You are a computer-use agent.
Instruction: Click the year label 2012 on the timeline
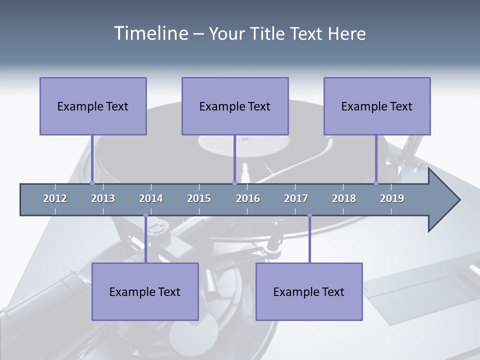point(55,198)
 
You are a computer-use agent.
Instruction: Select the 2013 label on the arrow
point(103,198)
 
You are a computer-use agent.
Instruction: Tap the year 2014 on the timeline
point(151,198)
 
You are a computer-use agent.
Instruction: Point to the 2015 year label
point(199,198)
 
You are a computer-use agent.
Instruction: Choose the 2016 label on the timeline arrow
point(248,198)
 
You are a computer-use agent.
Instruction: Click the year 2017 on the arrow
point(296,198)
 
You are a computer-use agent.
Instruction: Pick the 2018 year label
point(344,198)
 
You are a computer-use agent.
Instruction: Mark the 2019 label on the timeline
point(392,198)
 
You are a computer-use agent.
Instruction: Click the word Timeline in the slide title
point(150,33)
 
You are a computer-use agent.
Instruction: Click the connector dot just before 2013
point(92,183)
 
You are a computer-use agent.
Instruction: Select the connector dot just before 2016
point(234,183)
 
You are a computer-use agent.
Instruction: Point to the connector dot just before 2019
point(376,183)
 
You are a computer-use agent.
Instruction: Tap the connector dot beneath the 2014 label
point(145,215)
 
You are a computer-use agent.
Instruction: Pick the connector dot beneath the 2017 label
point(309,215)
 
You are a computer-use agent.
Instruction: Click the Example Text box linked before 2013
point(93,106)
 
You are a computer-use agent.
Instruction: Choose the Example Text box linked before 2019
point(377,106)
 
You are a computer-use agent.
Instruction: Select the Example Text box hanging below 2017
point(309,291)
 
